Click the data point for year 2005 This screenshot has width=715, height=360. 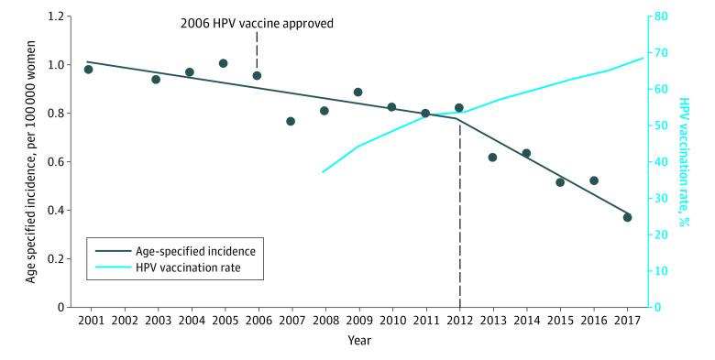click(x=223, y=63)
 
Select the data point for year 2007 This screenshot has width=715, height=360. click(x=291, y=121)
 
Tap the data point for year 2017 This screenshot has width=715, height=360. click(x=627, y=217)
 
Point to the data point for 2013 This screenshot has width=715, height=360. click(x=492, y=158)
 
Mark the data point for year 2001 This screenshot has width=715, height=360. click(x=89, y=70)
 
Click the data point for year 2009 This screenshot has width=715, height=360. click(x=357, y=92)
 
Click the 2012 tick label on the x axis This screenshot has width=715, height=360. click(x=459, y=321)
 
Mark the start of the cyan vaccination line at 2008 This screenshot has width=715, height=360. click(x=323, y=172)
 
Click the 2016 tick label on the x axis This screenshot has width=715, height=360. click(x=594, y=321)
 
